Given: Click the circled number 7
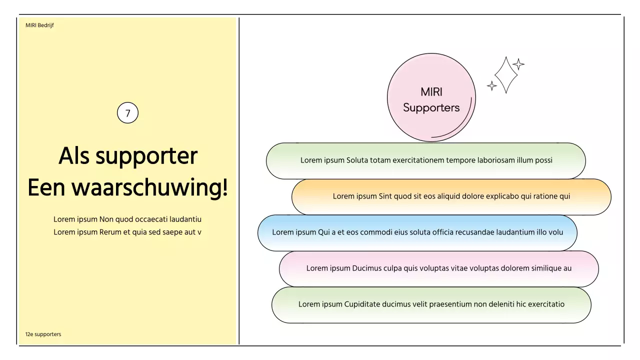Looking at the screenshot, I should [x=127, y=113].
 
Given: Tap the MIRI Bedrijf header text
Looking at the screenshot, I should [x=39, y=25].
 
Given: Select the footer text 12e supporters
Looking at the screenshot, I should [x=43, y=334].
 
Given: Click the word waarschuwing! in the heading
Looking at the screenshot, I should [x=149, y=188].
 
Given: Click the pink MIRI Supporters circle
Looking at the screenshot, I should [x=431, y=98].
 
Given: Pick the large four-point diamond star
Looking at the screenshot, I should [x=506, y=75].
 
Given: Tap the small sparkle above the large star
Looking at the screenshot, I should [x=519, y=64].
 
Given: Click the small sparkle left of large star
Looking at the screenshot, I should [x=492, y=85].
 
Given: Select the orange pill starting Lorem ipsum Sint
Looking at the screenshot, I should [x=451, y=196].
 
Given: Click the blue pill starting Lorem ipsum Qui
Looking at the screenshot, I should [x=417, y=232].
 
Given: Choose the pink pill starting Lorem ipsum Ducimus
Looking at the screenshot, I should [x=438, y=268].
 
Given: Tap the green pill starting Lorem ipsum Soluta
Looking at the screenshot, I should [x=426, y=160].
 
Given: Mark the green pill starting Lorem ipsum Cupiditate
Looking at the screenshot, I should [x=431, y=304].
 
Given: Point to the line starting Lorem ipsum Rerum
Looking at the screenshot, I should [x=127, y=232].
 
